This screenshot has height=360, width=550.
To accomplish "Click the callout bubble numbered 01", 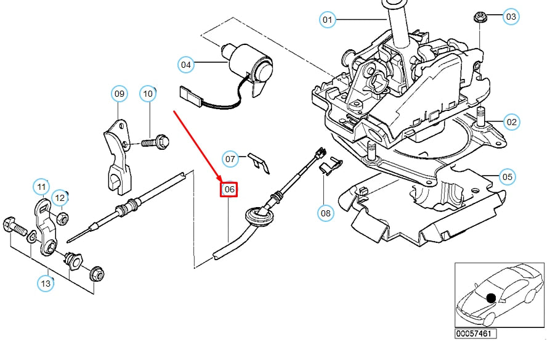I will [328, 20].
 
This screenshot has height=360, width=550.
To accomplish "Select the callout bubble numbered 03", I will [512, 17].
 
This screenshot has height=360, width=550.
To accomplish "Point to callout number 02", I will [512, 121].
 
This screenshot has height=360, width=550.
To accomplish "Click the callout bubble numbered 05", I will [506, 178].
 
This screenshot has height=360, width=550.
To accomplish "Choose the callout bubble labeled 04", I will [187, 63].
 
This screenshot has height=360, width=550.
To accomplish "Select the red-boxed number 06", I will [229, 189].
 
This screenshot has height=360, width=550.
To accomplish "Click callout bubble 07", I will [230, 159].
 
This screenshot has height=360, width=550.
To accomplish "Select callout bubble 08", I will [325, 214].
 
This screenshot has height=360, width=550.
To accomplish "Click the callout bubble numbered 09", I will [119, 94].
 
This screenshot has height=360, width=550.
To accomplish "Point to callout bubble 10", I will [148, 94].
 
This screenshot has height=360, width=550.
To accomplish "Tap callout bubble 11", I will [41, 186].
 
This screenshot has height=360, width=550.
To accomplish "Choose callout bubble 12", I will [60, 198].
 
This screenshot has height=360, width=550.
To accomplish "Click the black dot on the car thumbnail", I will [491, 298].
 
